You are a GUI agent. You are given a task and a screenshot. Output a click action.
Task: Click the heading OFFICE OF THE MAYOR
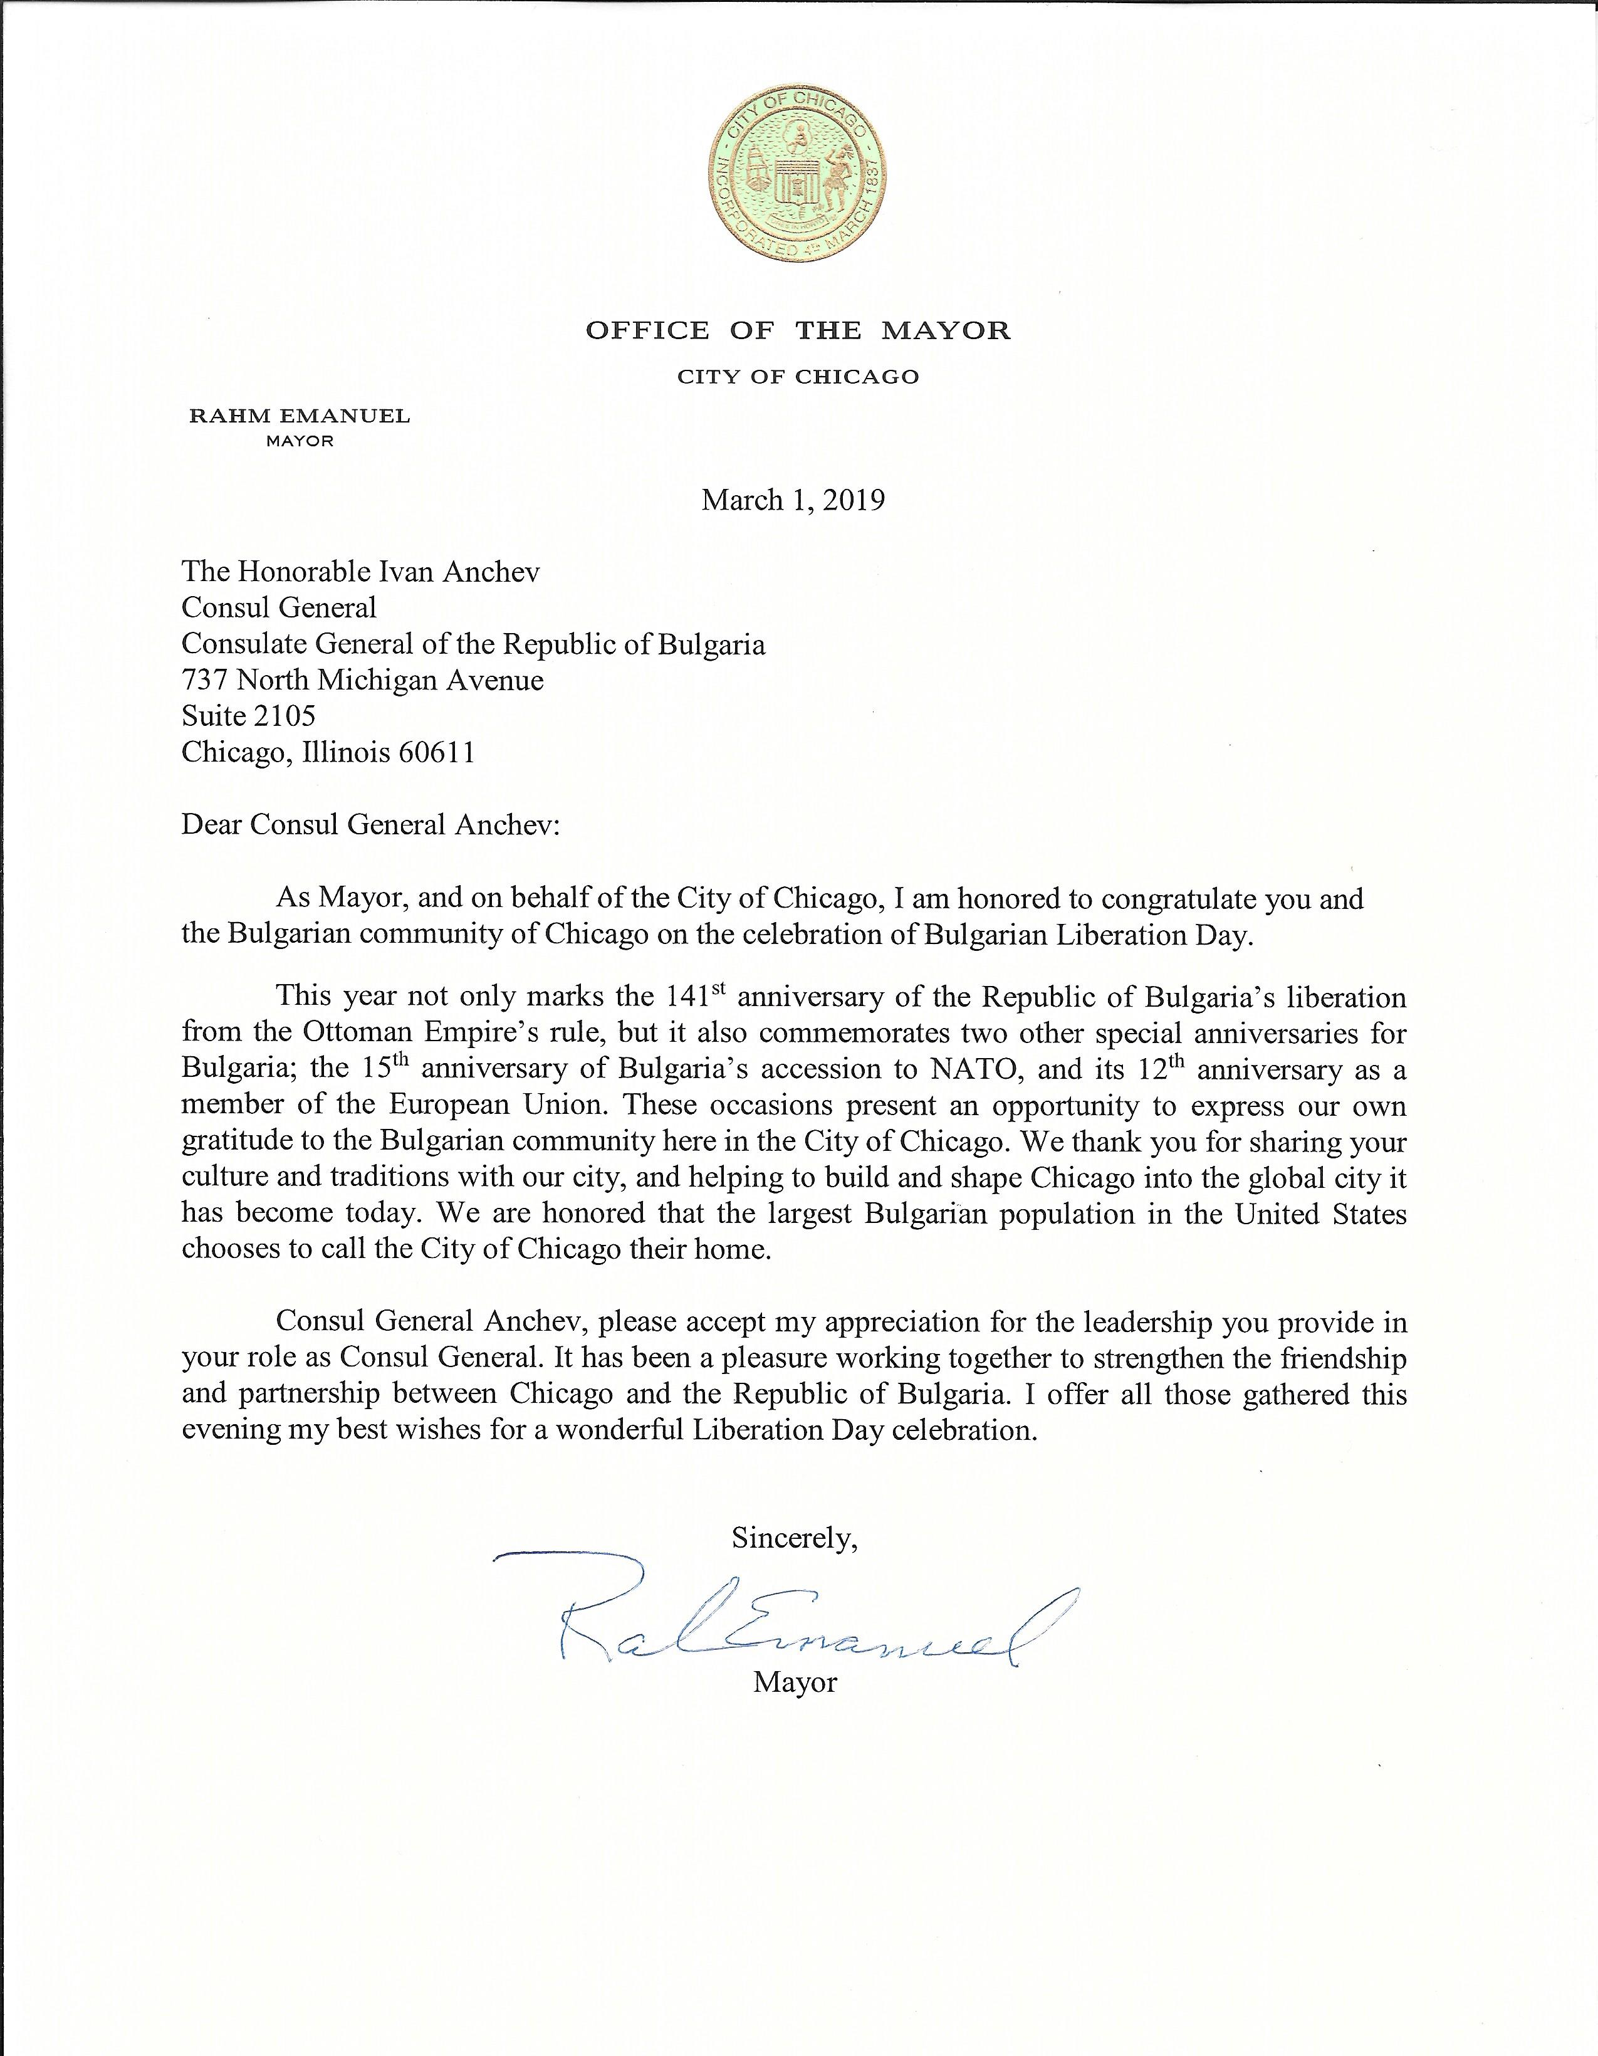[x=798, y=330]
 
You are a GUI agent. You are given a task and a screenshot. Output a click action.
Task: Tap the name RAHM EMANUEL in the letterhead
[x=300, y=416]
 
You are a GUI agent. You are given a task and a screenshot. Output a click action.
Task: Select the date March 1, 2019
[x=793, y=500]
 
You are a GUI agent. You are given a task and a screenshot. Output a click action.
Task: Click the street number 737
[x=203, y=679]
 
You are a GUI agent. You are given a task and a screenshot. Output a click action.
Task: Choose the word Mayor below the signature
[x=794, y=1683]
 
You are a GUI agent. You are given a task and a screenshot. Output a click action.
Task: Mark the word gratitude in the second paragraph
[x=242, y=1142]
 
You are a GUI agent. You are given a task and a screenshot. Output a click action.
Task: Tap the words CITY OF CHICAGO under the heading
[x=798, y=377]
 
